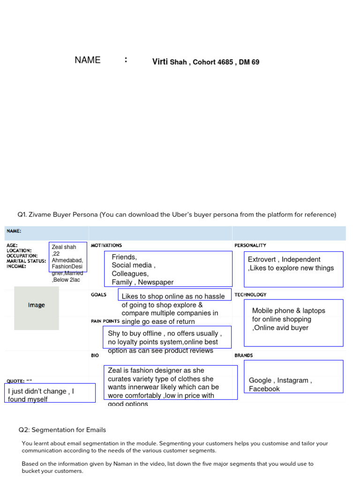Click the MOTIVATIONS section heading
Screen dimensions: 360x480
[106, 245]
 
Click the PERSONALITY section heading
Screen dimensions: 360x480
[250, 245]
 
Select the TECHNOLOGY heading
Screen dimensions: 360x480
[250, 294]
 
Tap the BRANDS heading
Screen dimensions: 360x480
[244, 355]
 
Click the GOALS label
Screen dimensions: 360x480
[98, 294]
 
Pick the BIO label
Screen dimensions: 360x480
[95, 355]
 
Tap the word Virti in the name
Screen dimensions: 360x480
[160, 62]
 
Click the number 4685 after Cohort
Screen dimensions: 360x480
[225, 62]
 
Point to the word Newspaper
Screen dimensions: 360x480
[156, 282]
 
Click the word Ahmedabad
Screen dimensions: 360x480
[67, 260]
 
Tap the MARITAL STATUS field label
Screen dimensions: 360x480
[26, 261]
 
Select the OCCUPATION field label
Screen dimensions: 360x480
[22, 256]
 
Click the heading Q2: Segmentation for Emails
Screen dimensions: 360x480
[62, 430]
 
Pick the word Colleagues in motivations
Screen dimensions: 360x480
[130, 274]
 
